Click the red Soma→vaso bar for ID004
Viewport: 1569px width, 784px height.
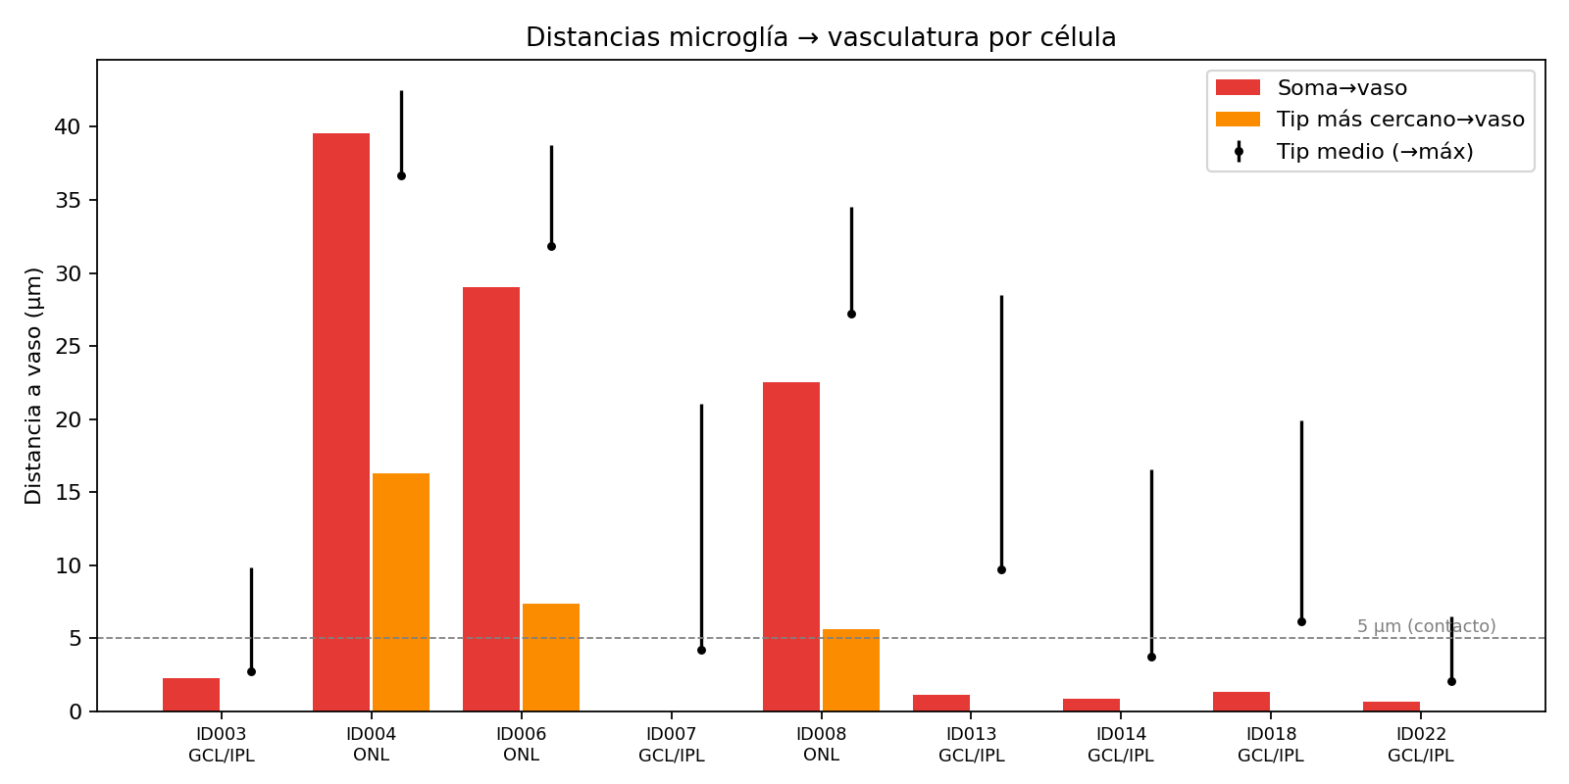coord(341,422)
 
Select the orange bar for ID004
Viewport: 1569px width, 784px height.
coord(401,592)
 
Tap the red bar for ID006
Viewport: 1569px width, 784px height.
coord(491,499)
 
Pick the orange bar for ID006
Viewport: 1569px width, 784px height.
coord(551,658)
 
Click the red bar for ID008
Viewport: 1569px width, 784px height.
coord(791,547)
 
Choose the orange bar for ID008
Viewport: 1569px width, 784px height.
coord(851,670)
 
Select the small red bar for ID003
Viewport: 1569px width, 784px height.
coord(191,695)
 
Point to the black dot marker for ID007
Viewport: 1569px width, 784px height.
coord(701,651)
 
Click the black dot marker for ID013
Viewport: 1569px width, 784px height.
coord(1001,569)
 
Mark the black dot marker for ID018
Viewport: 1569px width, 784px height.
coord(1301,621)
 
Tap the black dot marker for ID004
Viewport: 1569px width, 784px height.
coord(401,175)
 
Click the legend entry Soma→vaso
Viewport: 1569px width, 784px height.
coord(1311,87)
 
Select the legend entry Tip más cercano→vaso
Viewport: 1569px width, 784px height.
coord(1370,119)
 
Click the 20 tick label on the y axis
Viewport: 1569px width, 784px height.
coord(68,419)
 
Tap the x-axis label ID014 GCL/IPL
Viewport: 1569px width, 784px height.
coord(1121,745)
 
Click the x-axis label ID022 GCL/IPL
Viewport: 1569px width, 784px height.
coord(1421,745)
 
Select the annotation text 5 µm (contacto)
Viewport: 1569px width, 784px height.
coord(1426,626)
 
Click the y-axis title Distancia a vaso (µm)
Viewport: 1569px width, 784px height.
coord(33,386)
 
